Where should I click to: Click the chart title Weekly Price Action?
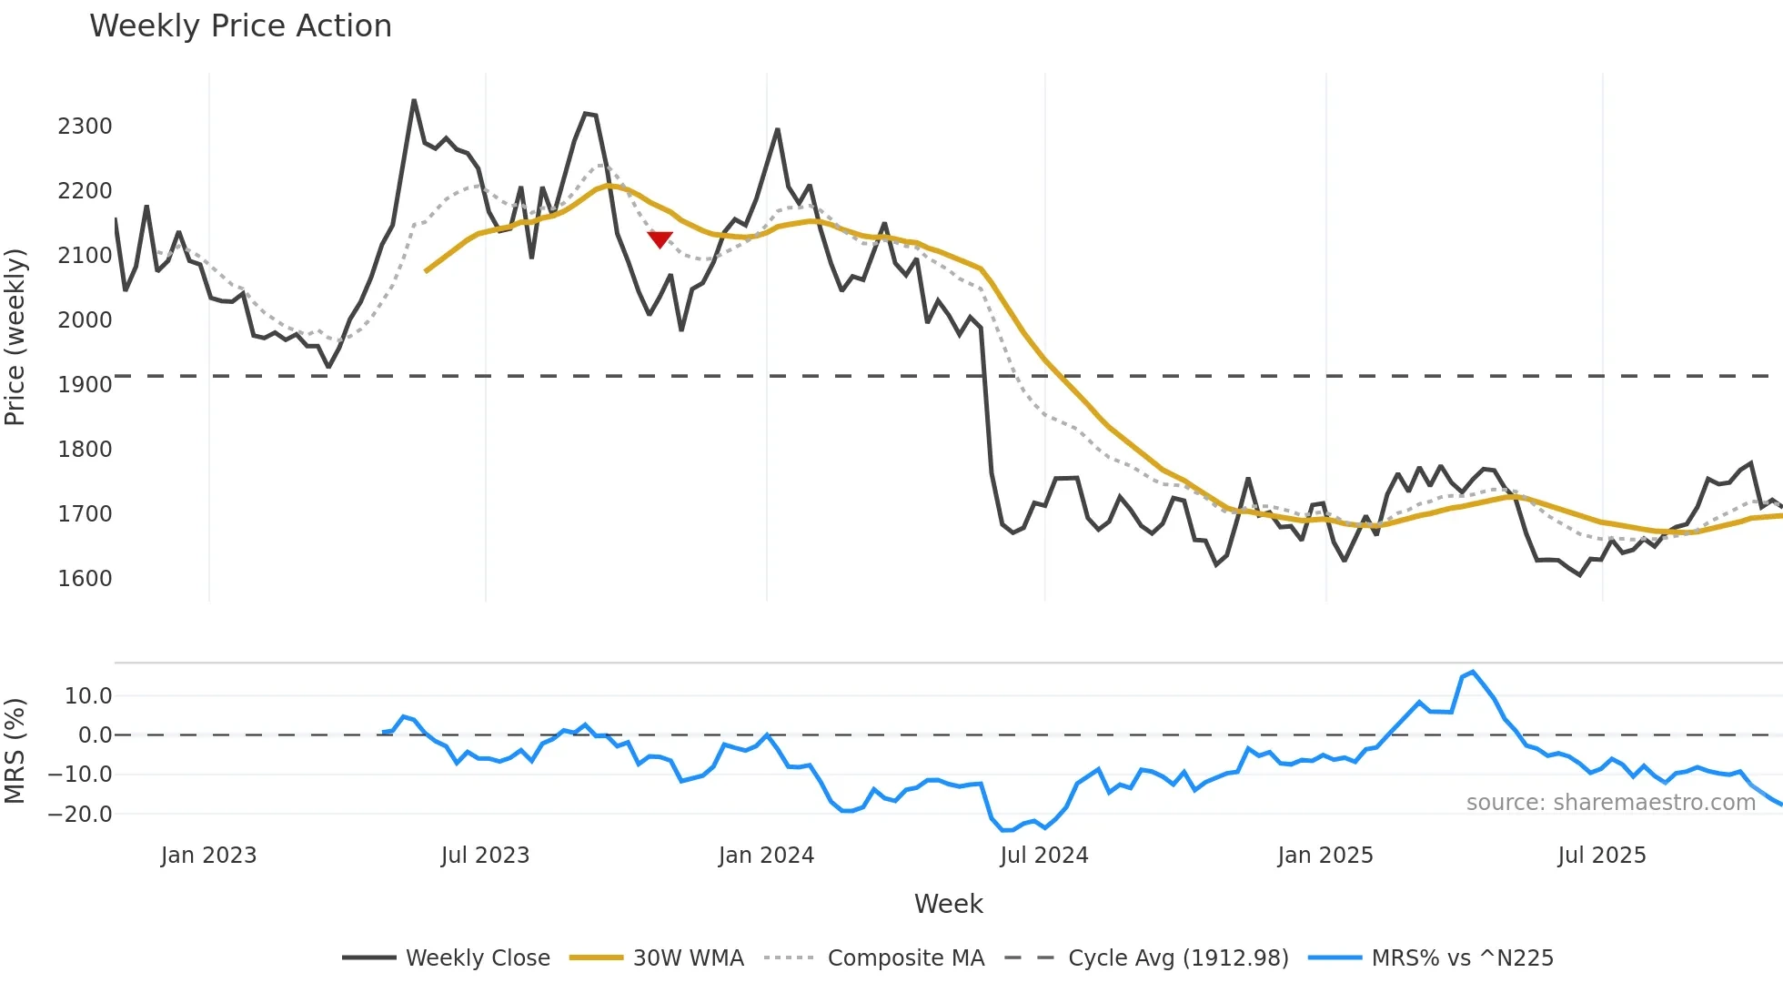point(240,26)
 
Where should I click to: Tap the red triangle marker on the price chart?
point(660,239)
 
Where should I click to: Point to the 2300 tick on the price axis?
point(85,127)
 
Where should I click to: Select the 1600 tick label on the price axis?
point(85,579)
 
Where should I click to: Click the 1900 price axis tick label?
point(85,385)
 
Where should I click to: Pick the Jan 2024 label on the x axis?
point(766,856)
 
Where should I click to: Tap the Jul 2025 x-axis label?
point(1601,856)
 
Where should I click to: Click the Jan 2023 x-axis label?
point(208,856)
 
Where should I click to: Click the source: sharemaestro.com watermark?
point(1610,803)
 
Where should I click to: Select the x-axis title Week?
point(948,904)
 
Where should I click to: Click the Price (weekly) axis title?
point(15,337)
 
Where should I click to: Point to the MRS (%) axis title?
point(15,751)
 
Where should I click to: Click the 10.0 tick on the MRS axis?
point(88,696)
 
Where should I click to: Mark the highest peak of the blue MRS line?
point(1473,672)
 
